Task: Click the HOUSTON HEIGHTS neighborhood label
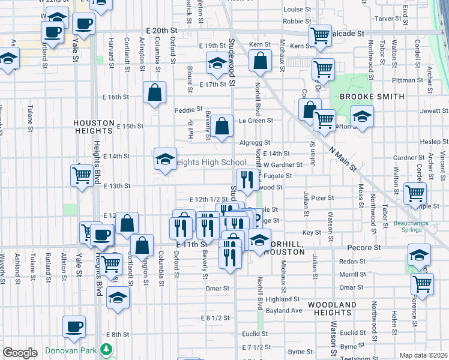(94, 122)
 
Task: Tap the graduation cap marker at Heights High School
(165, 159)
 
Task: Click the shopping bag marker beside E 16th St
(154, 92)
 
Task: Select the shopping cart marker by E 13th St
(82, 176)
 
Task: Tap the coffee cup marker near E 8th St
(74, 326)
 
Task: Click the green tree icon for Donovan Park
(107, 349)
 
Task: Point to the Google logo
(20, 353)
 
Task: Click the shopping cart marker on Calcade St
(320, 35)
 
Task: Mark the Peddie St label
(186, 110)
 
